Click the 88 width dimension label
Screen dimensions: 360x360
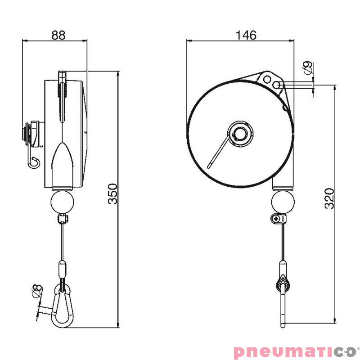(58, 35)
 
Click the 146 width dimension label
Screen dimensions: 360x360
(246, 35)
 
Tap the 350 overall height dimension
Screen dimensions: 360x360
(112, 193)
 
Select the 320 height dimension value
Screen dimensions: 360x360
(329, 198)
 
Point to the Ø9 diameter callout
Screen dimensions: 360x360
(308, 67)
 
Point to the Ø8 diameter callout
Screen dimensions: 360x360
(37, 291)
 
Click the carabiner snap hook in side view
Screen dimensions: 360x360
(62, 306)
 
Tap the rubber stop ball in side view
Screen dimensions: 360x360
(62, 202)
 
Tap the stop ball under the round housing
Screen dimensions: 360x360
(283, 202)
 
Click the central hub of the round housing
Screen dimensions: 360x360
(240, 134)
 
